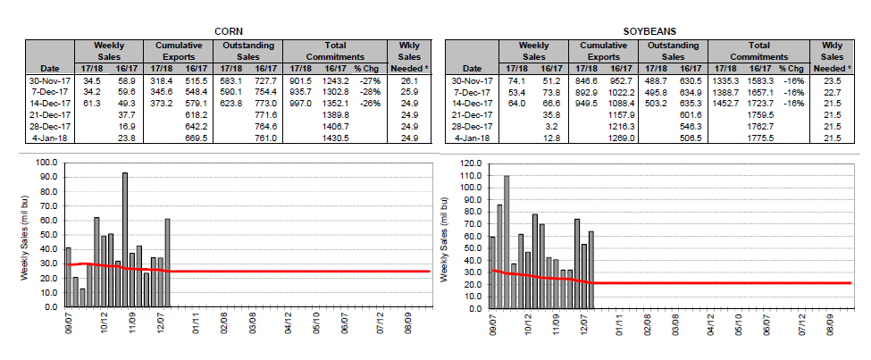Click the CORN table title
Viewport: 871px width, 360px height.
[223, 29]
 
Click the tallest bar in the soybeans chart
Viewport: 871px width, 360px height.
[507, 241]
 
